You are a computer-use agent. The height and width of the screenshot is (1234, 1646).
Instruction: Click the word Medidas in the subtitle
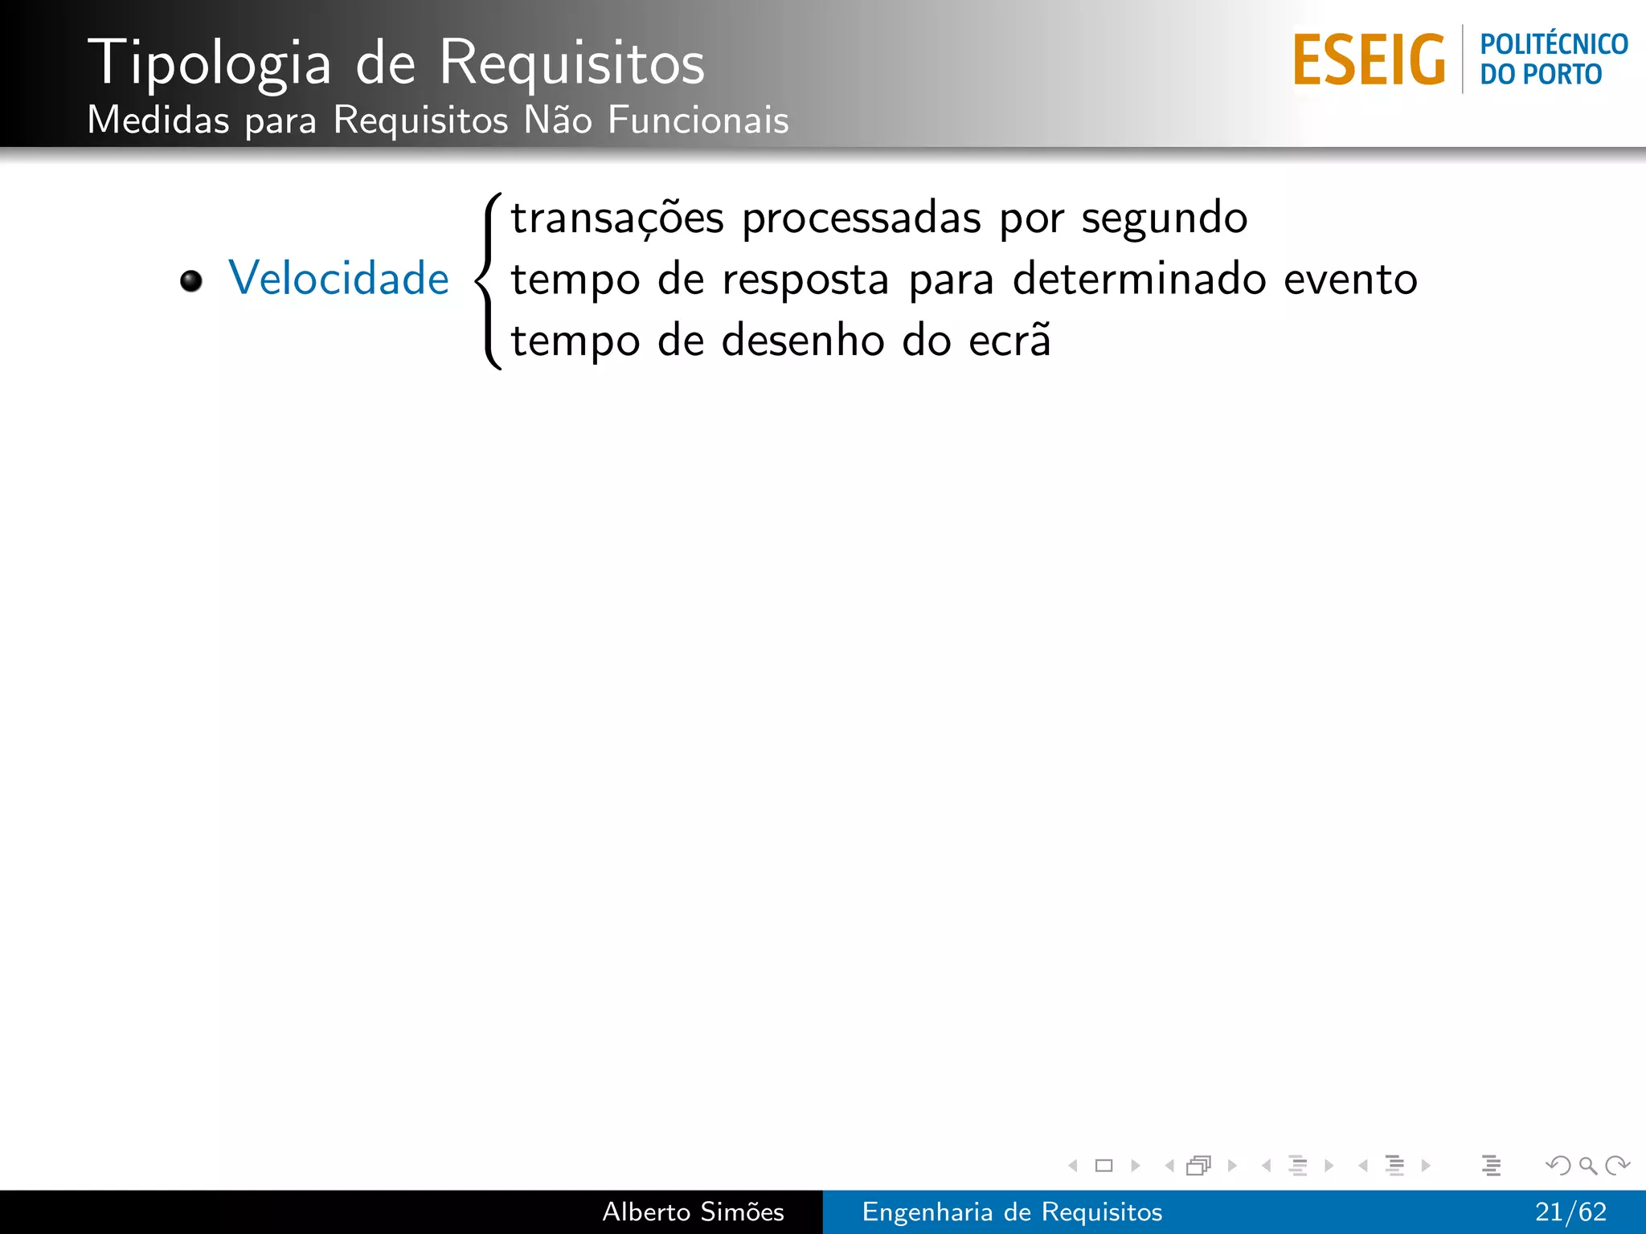(158, 121)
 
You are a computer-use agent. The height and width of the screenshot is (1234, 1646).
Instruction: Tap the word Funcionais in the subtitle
(698, 121)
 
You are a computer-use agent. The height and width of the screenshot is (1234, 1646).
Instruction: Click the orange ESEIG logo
(1369, 60)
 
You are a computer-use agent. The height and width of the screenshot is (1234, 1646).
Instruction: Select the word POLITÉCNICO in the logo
(1554, 44)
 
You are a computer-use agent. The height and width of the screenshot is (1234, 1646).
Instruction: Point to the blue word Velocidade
(338, 279)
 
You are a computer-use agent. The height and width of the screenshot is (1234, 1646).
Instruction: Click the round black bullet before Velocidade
(191, 281)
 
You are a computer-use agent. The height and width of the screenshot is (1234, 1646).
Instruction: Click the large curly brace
(489, 281)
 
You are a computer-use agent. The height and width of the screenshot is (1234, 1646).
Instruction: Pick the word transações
(617, 219)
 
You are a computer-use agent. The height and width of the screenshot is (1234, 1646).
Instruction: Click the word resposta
(805, 281)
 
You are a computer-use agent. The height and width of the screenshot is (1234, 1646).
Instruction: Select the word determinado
(1138, 280)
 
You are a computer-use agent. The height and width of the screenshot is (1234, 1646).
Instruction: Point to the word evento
(1350, 280)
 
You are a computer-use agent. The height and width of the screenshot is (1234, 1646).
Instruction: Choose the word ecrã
(1009, 341)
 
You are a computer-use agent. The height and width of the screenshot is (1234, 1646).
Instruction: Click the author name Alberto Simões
(693, 1212)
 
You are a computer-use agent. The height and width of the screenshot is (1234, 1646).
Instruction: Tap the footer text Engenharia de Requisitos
(1012, 1212)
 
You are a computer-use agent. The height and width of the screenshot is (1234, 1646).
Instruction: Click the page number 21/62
(1570, 1212)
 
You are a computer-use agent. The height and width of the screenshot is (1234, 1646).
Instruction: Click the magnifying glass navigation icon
(1587, 1165)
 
